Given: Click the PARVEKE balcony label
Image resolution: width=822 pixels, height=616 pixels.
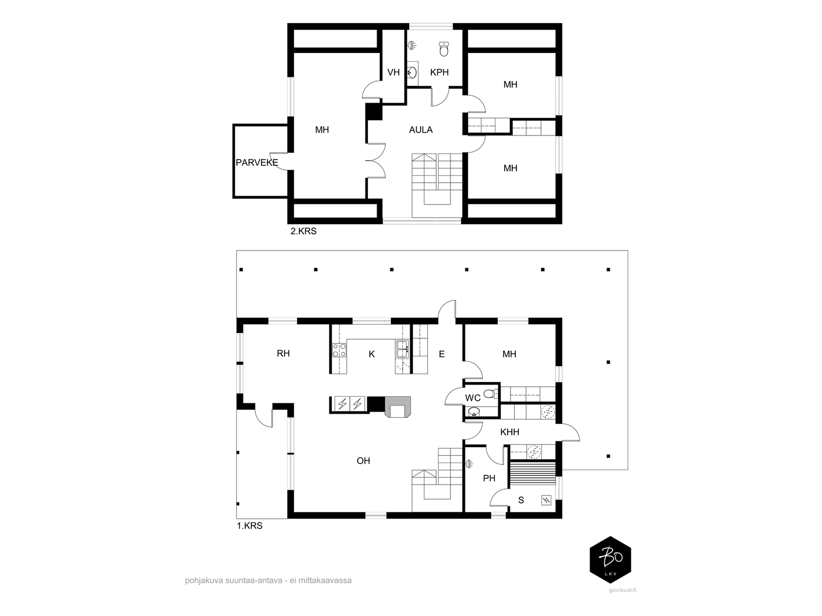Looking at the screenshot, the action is point(256,162).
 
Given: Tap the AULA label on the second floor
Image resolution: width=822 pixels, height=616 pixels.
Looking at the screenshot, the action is point(421,130).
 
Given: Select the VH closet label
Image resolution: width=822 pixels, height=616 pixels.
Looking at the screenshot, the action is point(393,72).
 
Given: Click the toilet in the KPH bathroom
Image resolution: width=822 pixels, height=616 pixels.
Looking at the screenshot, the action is point(444,49).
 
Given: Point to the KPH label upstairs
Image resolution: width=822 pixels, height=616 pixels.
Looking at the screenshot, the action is point(439,72).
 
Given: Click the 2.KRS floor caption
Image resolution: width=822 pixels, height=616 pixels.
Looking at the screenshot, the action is point(303,231).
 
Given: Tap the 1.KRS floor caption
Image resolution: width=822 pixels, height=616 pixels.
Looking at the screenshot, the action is point(249,526).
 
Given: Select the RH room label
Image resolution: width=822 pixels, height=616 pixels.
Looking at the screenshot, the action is point(283,354).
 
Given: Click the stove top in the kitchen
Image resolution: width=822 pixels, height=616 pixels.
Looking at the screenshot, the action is point(339,350).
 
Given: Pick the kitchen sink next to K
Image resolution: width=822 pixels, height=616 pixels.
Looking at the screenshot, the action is point(402,349).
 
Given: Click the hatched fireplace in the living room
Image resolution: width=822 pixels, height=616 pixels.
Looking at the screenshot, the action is point(398,407).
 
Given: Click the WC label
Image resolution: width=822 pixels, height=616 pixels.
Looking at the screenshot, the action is point(473,398).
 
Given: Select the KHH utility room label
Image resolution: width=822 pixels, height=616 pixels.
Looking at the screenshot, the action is point(510,432).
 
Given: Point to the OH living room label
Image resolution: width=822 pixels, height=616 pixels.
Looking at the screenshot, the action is point(363,460).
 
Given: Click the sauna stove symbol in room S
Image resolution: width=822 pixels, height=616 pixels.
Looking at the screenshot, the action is point(547,500).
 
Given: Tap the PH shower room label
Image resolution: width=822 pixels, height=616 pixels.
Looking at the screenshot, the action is point(489,478).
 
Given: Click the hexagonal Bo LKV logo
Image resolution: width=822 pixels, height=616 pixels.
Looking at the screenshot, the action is point(610,560).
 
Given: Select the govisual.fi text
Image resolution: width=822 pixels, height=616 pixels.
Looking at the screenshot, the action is point(622,590).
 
